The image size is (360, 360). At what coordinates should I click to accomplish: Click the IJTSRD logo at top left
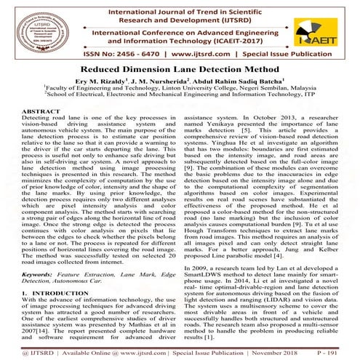[x=27, y=27]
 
